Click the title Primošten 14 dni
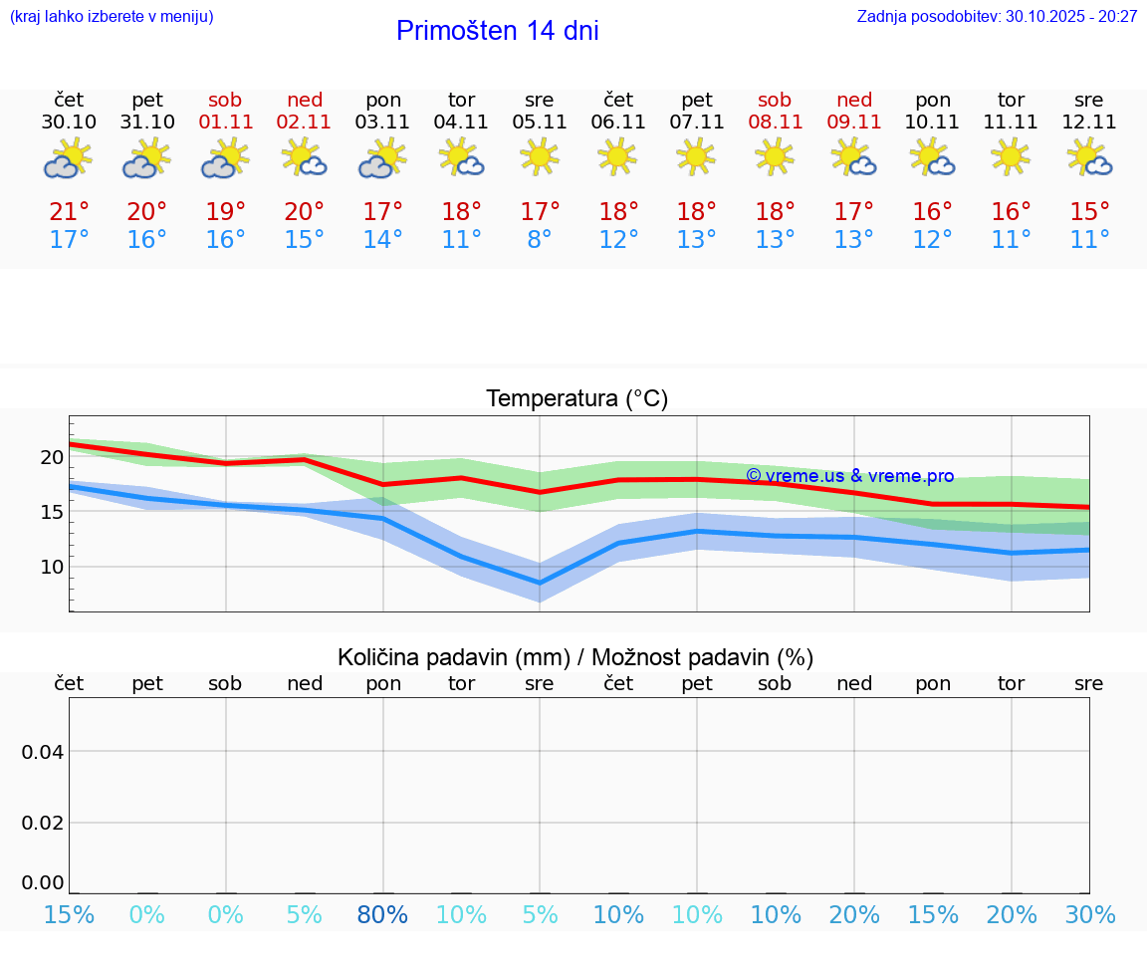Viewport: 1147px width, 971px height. [x=497, y=31]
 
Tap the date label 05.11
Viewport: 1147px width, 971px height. [x=540, y=121]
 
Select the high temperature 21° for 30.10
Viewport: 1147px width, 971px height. [x=69, y=212]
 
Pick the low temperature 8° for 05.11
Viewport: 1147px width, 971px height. [x=540, y=240]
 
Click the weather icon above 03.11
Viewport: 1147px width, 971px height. [x=383, y=159]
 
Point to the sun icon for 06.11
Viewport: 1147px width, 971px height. [x=617, y=156]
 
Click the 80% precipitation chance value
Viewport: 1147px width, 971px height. [x=383, y=914]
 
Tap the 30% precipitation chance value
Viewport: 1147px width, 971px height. [x=1089, y=914]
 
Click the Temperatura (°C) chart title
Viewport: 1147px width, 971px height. [x=576, y=399]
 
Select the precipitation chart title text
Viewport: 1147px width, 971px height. [x=575, y=657]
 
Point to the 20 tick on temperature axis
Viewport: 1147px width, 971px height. [x=52, y=458]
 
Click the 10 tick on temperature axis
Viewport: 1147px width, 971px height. [x=52, y=567]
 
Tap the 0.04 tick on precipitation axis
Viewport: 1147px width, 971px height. [x=43, y=752]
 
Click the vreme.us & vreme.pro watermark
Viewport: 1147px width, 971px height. [x=849, y=476]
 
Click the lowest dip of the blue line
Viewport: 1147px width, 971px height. [x=540, y=583]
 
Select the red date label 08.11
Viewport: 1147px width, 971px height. [x=775, y=121]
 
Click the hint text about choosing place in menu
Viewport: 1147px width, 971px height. [x=111, y=16]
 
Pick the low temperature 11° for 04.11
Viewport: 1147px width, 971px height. [x=461, y=240]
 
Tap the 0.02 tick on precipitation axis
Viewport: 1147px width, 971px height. [x=43, y=823]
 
